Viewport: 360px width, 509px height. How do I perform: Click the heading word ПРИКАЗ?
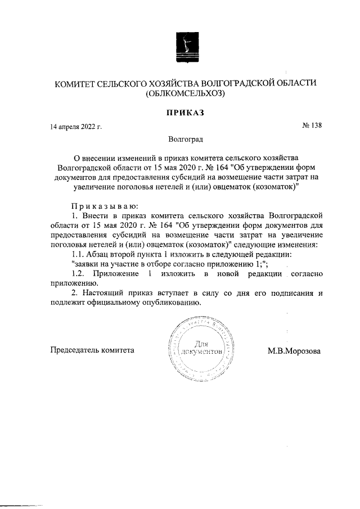click(184, 112)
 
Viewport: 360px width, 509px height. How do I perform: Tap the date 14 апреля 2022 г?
click(75, 128)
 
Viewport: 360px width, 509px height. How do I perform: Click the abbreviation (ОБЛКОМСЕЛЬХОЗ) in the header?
click(184, 94)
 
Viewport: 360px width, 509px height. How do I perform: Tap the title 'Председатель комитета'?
click(93, 350)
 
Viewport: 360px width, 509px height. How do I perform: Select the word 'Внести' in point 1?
click(96, 215)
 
